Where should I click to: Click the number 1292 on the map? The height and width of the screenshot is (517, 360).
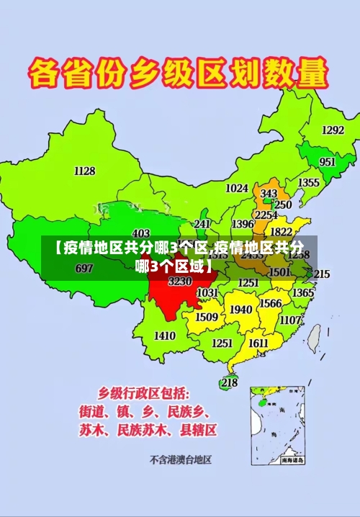[333, 130]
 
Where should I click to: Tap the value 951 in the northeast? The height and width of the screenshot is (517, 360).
[328, 162]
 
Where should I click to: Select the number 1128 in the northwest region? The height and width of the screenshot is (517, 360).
[85, 171]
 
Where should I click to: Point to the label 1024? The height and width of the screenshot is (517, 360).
[237, 188]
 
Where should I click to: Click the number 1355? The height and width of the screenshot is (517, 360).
[309, 183]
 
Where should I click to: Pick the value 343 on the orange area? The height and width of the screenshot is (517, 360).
[269, 194]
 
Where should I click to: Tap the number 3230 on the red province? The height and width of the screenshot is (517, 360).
[179, 282]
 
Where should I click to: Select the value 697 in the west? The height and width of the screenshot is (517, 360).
[84, 269]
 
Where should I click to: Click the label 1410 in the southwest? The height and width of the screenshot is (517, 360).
[165, 336]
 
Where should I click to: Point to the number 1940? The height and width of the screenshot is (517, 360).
[241, 310]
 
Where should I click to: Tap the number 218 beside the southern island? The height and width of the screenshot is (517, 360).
[229, 382]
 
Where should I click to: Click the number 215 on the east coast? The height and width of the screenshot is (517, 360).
[321, 274]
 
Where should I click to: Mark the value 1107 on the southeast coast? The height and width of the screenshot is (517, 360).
[290, 320]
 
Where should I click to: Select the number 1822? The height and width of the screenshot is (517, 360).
[281, 232]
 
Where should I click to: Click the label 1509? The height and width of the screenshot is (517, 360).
[207, 317]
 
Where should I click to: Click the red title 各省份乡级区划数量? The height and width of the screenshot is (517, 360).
[179, 73]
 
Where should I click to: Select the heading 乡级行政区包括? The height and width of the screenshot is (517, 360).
[144, 394]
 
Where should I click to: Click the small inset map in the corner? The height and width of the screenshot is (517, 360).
[278, 425]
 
